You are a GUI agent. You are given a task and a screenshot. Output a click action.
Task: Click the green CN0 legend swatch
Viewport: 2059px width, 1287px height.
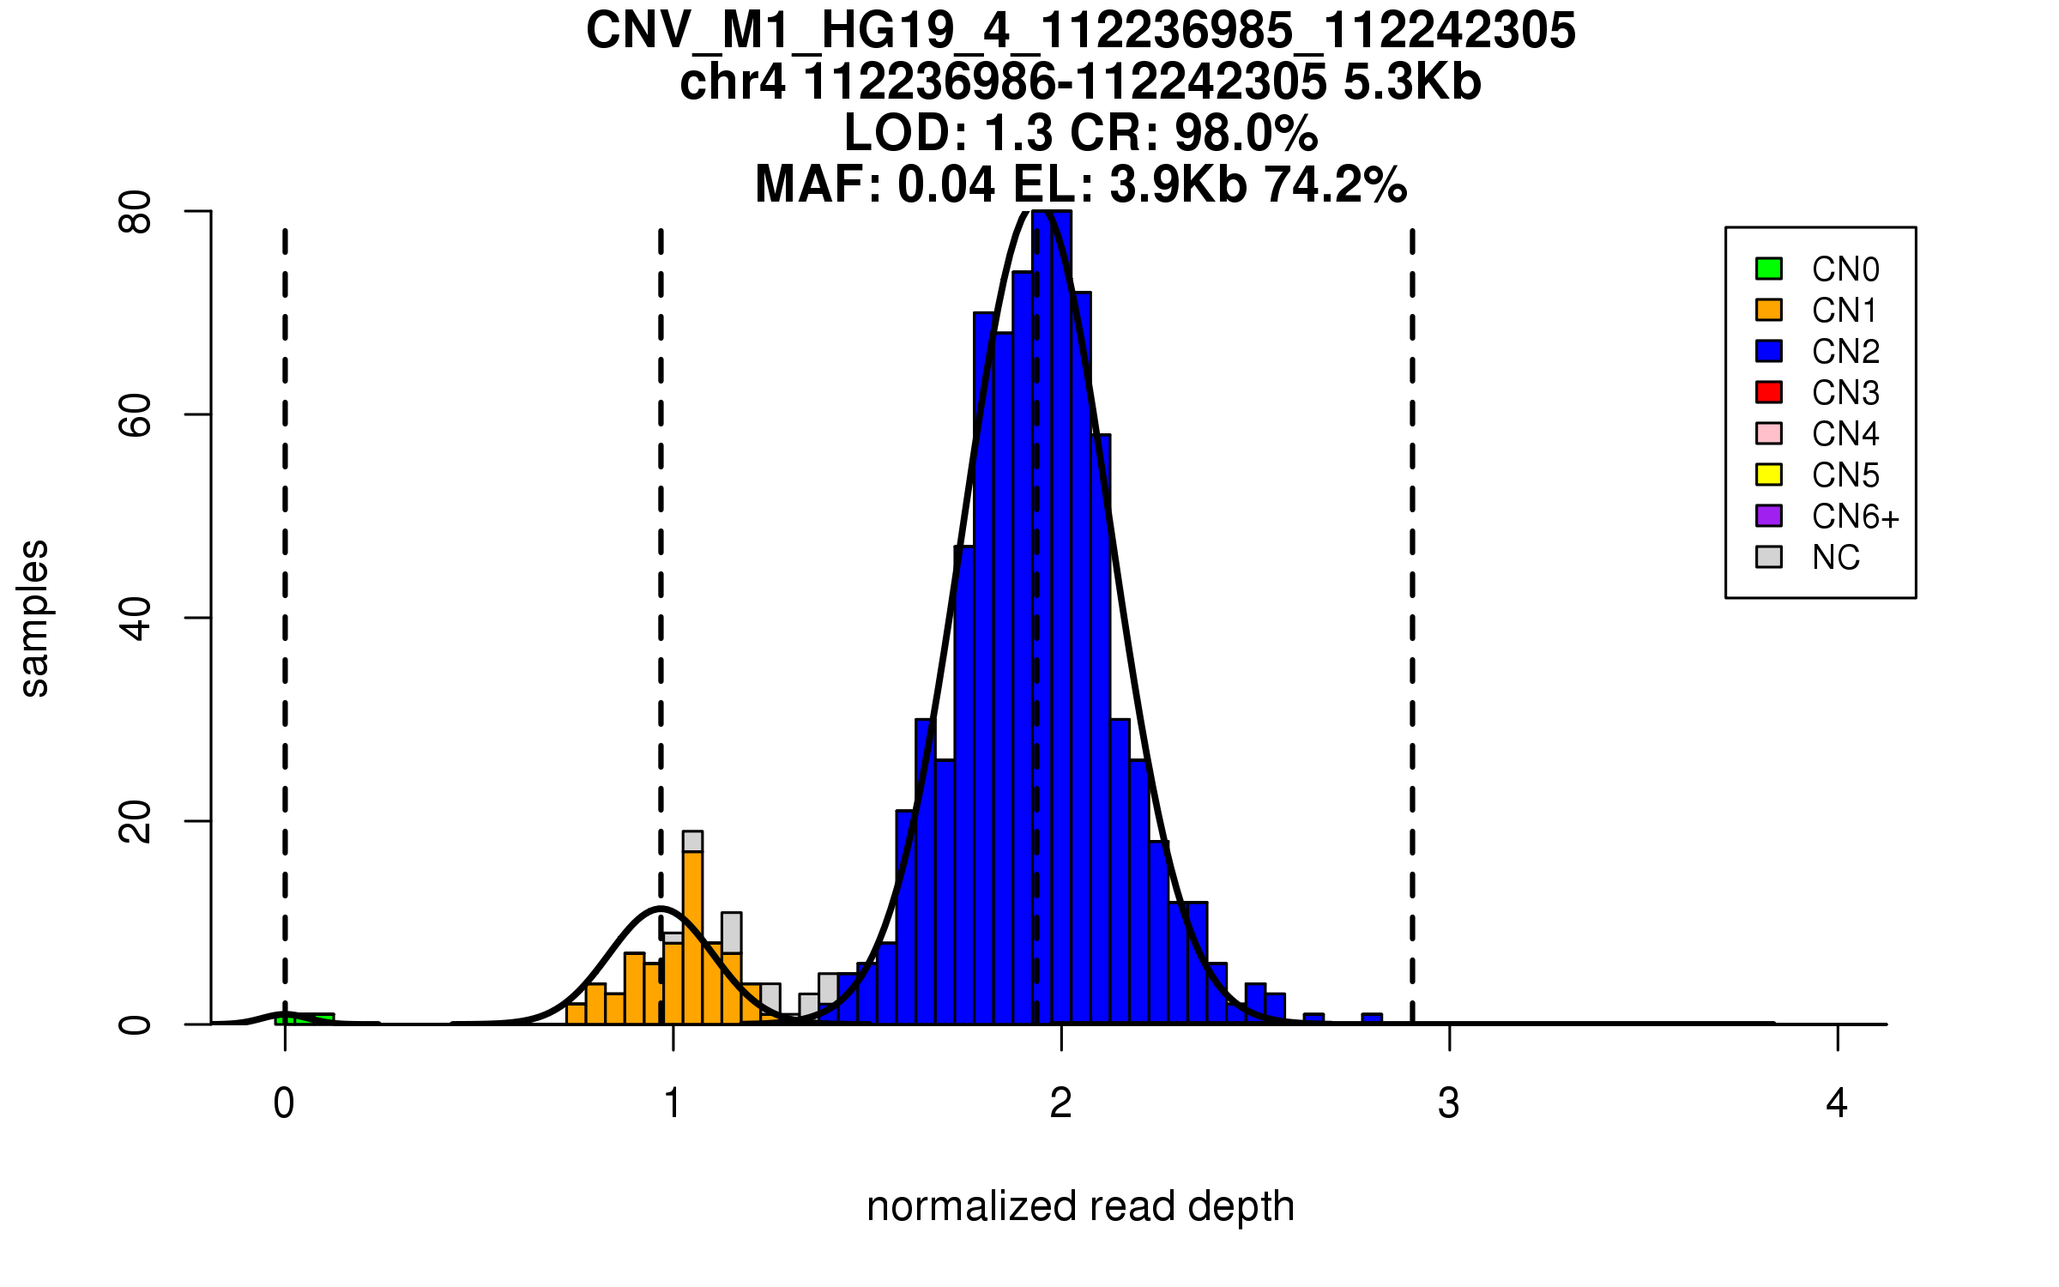tap(1769, 269)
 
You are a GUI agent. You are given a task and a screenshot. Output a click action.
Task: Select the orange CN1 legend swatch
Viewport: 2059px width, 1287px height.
tap(1769, 310)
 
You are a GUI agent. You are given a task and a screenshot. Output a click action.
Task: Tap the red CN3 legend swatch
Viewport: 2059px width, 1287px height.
tap(1769, 392)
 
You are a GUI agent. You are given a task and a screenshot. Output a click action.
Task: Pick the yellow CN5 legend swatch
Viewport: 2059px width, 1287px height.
tap(1769, 474)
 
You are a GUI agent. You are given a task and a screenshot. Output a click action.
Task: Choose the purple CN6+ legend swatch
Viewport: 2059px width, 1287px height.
tap(1769, 516)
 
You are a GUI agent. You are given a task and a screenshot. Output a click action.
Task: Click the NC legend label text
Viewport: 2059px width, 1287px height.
tap(1835, 558)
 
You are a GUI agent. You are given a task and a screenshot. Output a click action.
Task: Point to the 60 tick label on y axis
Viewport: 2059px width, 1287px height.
tap(136, 415)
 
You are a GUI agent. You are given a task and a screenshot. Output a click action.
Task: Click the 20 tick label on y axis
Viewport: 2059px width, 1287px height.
tap(136, 821)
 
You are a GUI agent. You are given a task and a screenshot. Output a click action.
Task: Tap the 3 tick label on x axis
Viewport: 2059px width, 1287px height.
tap(1449, 1103)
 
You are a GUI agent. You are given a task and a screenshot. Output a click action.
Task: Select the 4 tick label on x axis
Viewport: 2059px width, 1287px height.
tap(1837, 1103)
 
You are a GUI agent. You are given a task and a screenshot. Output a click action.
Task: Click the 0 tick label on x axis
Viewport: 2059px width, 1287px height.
tap(284, 1103)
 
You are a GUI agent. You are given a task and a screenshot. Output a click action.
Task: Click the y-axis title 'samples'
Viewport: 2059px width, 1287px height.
tap(34, 618)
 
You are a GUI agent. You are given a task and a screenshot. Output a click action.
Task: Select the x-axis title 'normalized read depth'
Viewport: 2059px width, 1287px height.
tap(1080, 1206)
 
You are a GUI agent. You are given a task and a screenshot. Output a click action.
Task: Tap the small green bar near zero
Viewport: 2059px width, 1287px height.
tap(305, 1018)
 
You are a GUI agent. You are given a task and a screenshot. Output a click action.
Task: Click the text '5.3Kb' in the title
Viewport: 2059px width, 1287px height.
tap(1412, 82)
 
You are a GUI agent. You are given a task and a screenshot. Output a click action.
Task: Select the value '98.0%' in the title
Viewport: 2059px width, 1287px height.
tap(1246, 133)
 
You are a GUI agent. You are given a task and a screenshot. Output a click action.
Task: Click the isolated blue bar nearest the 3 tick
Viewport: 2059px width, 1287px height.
tap(1372, 1018)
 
